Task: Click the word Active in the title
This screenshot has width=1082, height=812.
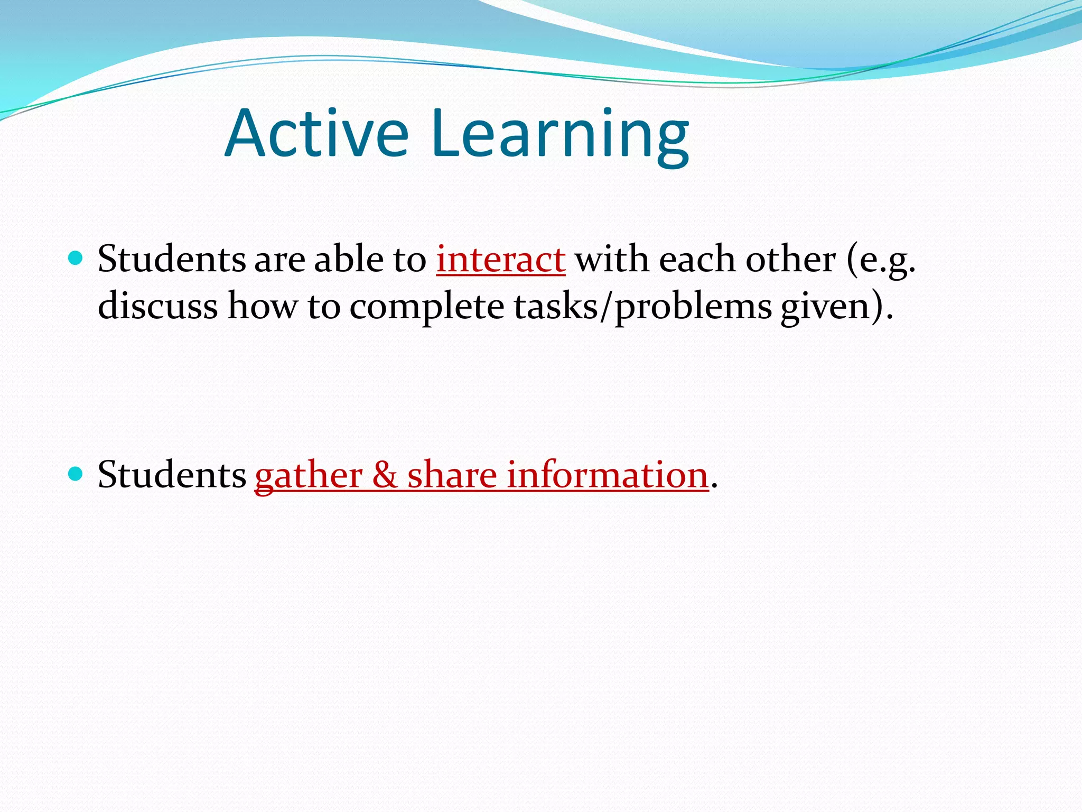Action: [316, 133]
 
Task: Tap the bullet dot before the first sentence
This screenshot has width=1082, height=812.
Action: [76, 258]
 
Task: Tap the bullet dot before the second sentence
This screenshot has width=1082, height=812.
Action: [76, 473]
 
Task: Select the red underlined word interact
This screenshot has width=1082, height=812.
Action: [500, 260]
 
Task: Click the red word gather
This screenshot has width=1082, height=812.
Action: [308, 475]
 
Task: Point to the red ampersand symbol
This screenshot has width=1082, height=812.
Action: [385, 474]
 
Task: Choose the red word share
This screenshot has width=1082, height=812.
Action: [452, 474]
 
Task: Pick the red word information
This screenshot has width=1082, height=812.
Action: [608, 474]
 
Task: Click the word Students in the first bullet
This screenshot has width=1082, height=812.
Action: [172, 260]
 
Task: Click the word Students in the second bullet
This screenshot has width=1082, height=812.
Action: [172, 474]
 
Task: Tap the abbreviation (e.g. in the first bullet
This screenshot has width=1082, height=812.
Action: [881, 261]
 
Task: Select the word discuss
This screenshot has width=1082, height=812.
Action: [157, 307]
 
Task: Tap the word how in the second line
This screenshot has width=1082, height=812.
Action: [263, 307]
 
